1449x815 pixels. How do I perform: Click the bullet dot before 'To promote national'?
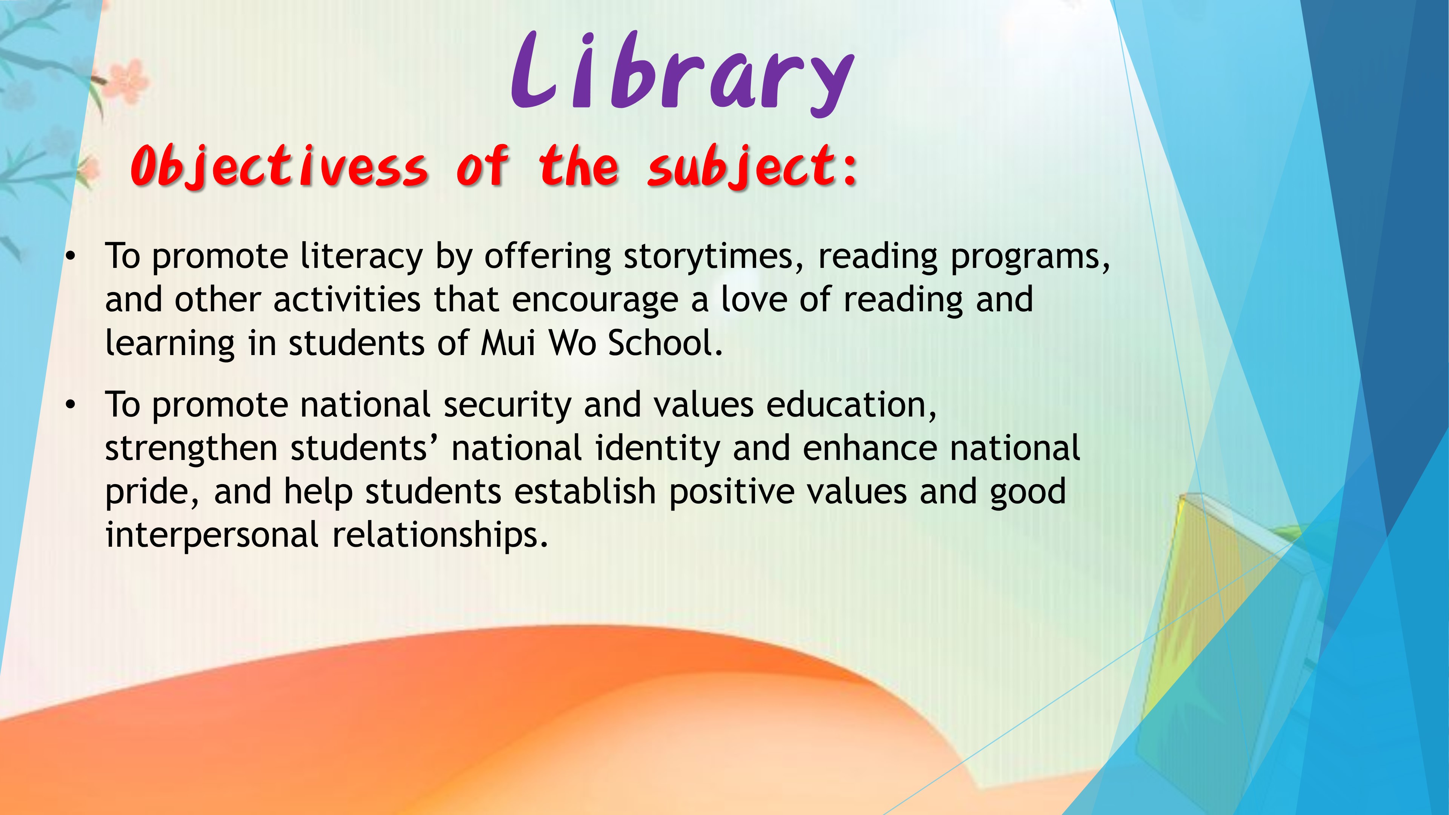point(70,406)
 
